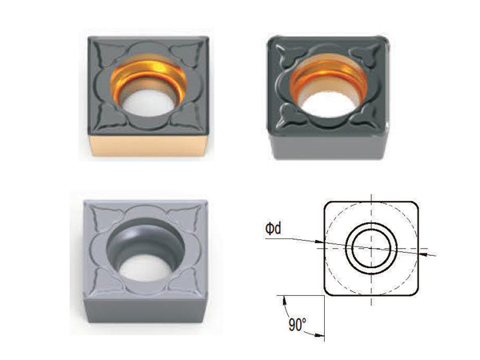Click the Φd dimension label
pos(273,229)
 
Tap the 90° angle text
pos(298,325)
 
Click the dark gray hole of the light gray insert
pos(146,250)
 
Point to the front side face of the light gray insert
pos(145,310)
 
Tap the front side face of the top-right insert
pos(327,148)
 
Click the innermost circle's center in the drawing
pos(371,248)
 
